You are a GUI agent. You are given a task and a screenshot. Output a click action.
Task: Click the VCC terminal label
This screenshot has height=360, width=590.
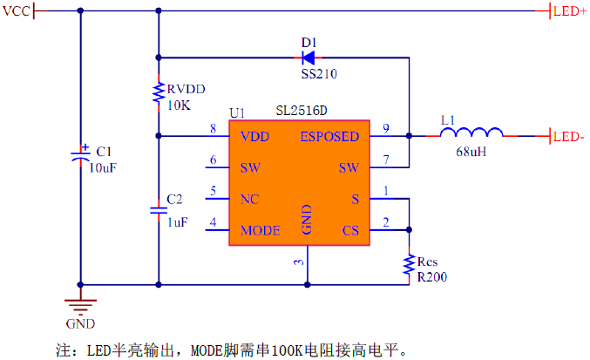coord(16,11)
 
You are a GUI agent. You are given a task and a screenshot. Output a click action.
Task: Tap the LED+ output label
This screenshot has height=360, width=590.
coord(569,11)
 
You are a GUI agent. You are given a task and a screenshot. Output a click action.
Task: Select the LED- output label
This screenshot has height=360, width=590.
coord(568,137)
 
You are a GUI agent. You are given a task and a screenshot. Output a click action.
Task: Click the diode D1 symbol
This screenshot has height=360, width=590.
coord(309,58)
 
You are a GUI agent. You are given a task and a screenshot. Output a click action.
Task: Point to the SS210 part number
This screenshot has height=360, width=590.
coord(319,74)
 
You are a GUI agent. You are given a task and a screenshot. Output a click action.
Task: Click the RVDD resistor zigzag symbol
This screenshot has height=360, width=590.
coord(159,92)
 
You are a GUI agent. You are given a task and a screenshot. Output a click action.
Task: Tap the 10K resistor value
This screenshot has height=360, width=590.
coord(179,105)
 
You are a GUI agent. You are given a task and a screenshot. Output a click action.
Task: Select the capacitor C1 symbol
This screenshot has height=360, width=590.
coord(80,155)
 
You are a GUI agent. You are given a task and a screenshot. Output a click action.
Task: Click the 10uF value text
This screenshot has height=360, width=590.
coord(102,167)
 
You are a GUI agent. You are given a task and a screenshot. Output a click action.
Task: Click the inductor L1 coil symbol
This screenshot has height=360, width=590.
coord(471,132)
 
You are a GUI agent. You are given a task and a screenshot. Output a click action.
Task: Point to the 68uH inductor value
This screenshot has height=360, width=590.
coord(471,152)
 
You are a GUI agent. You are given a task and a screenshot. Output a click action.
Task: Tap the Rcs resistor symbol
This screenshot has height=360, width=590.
coord(409,265)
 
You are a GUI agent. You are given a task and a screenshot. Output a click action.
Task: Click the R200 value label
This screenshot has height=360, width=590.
coord(432,277)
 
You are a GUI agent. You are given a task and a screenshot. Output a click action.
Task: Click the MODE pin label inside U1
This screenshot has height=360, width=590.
coord(260,230)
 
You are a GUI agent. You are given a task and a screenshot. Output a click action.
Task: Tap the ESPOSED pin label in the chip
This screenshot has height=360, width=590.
coord(329,137)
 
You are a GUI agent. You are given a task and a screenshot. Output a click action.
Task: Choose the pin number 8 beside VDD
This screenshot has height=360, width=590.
coord(213,129)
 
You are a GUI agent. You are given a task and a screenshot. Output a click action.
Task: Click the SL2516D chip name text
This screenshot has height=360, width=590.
coord(302,111)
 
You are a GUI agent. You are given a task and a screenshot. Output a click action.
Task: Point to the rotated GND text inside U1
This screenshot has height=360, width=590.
coord(307,220)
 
